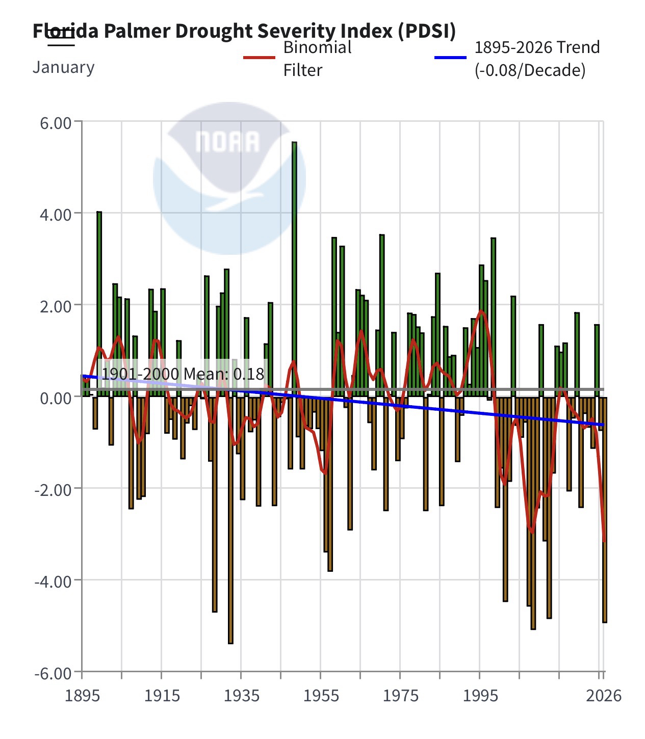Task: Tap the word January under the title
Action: point(63,67)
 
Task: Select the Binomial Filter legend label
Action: point(317,58)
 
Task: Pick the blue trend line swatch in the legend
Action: point(450,57)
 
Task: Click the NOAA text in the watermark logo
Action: point(227,142)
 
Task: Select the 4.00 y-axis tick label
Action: point(55,214)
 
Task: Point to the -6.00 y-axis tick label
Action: point(53,673)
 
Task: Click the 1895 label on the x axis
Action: point(82,695)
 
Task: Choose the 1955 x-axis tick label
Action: point(321,695)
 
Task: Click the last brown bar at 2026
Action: point(605,510)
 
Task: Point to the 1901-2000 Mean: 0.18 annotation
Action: point(183,375)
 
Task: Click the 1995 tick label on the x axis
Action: point(480,695)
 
